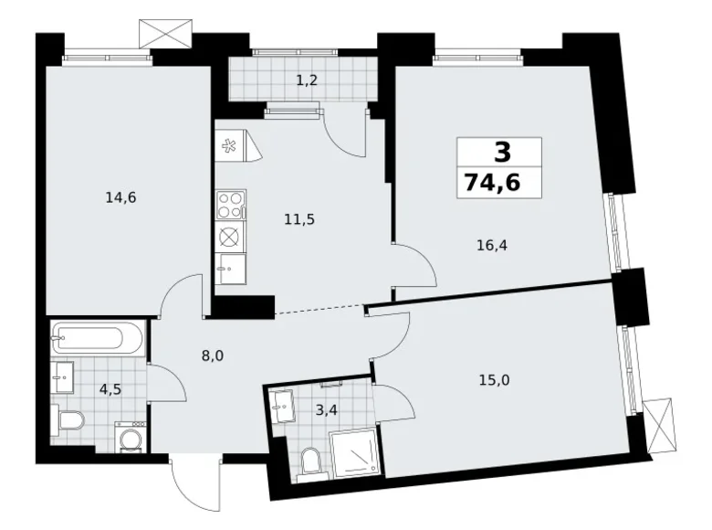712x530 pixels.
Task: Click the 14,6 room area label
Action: click(x=120, y=198)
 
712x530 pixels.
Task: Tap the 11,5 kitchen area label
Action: click(x=299, y=220)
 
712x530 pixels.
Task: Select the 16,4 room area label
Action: click(x=492, y=246)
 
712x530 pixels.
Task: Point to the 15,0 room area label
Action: click(x=494, y=379)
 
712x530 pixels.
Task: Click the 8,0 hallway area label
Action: click(x=213, y=355)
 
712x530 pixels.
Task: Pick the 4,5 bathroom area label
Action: click(x=110, y=389)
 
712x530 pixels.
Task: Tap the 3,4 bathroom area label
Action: click(x=327, y=410)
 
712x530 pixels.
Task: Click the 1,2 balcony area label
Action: click(x=307, y=81)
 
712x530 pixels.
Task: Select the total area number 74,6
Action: click(x=492, y=184)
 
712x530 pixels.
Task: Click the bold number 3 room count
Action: click(x=502, y=153)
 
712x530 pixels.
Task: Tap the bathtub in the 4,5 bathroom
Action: click(x=97, y=338)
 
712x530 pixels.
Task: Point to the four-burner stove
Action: click(x=232, y=205)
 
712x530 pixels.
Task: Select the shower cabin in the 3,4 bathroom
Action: click(x=354, y=453)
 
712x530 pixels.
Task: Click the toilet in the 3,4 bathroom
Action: click(x=311, y=463)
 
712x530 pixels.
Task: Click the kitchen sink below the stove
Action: click(x=231, y=268)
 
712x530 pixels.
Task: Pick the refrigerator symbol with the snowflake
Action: click(x=236, y=145)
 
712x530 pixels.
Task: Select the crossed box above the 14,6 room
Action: click(x=165, y=33)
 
